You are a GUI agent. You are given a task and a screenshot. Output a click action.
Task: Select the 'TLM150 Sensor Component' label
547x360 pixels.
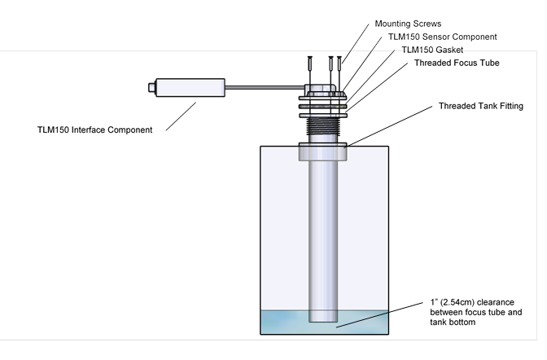443,37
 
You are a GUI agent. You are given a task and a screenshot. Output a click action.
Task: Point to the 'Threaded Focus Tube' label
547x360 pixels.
457,63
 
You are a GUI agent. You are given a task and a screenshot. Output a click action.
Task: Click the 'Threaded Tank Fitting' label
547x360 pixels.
480,106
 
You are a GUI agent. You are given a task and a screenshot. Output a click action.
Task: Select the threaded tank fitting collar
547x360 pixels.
324,151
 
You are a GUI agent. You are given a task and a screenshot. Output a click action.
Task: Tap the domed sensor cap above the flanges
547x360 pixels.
324,89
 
